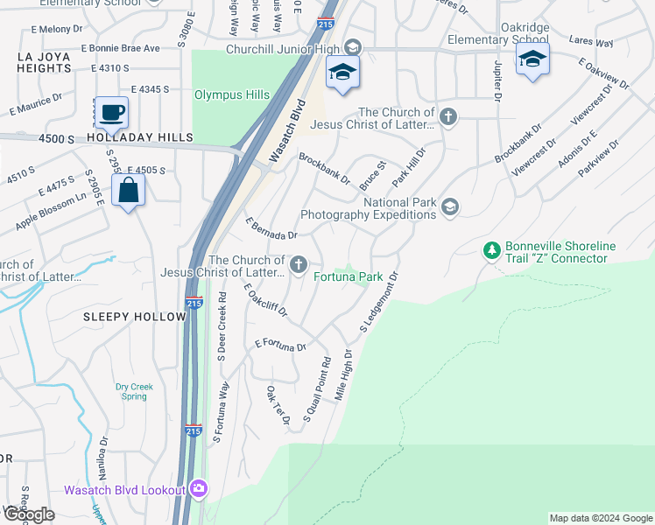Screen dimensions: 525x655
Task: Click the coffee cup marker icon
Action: click(111, 112)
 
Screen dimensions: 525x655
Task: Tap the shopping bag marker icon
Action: click(128, 190)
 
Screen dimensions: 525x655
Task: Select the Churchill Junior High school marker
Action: click(343, 73)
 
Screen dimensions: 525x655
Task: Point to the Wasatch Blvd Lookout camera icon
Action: click(199, 488)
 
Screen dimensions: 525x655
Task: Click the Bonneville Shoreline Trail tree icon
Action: click(492, 251)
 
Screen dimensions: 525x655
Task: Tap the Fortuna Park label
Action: click(349, 276)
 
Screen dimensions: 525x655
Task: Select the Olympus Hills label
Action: click(230, 94)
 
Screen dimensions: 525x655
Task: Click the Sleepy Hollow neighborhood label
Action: click(136, 316)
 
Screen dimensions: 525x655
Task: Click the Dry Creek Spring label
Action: click(134, 391)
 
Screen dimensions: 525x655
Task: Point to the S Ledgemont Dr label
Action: click(380, 303)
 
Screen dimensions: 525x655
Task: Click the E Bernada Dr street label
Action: click(271, 229)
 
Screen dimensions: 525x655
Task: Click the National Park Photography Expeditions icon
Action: click(450, 206)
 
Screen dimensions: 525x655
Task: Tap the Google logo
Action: click(29, 514)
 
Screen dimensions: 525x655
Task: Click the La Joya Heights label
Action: click(43, 63)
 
